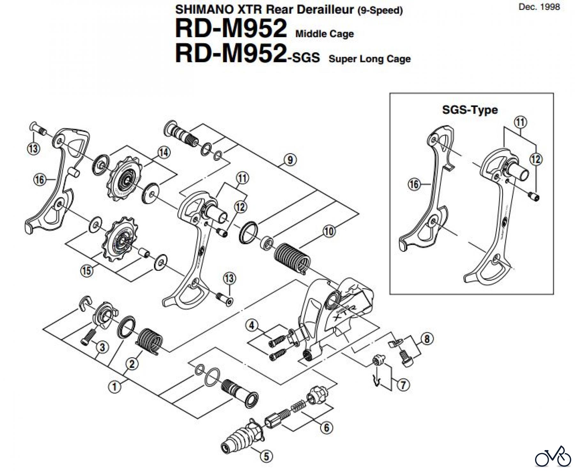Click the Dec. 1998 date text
(x=539, y=7)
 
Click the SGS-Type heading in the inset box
(x=470, y=110)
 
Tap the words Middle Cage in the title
(x=325, y=34)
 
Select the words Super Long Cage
(x=370, y=59)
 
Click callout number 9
(x=290, y=159)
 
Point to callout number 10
(x=329, y=231)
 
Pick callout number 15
(x=87, y=271)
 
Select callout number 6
(x=326, y=428)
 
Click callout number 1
(x=114, y=387)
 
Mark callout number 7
(x=403, y=385)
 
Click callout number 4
(x=252, y=326)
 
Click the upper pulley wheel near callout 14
(x=123, y=182)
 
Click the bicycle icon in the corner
(x=553, y=456)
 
